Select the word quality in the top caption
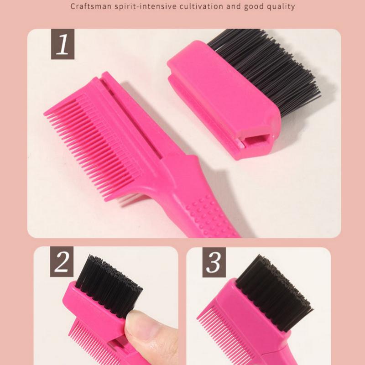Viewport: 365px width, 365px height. click(x=279, y=7)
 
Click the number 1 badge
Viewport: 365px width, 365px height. click(x=63, y=44)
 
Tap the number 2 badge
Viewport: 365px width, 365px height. click(x=62, y=263)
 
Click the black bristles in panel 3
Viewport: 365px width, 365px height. click(x=274, y=292)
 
